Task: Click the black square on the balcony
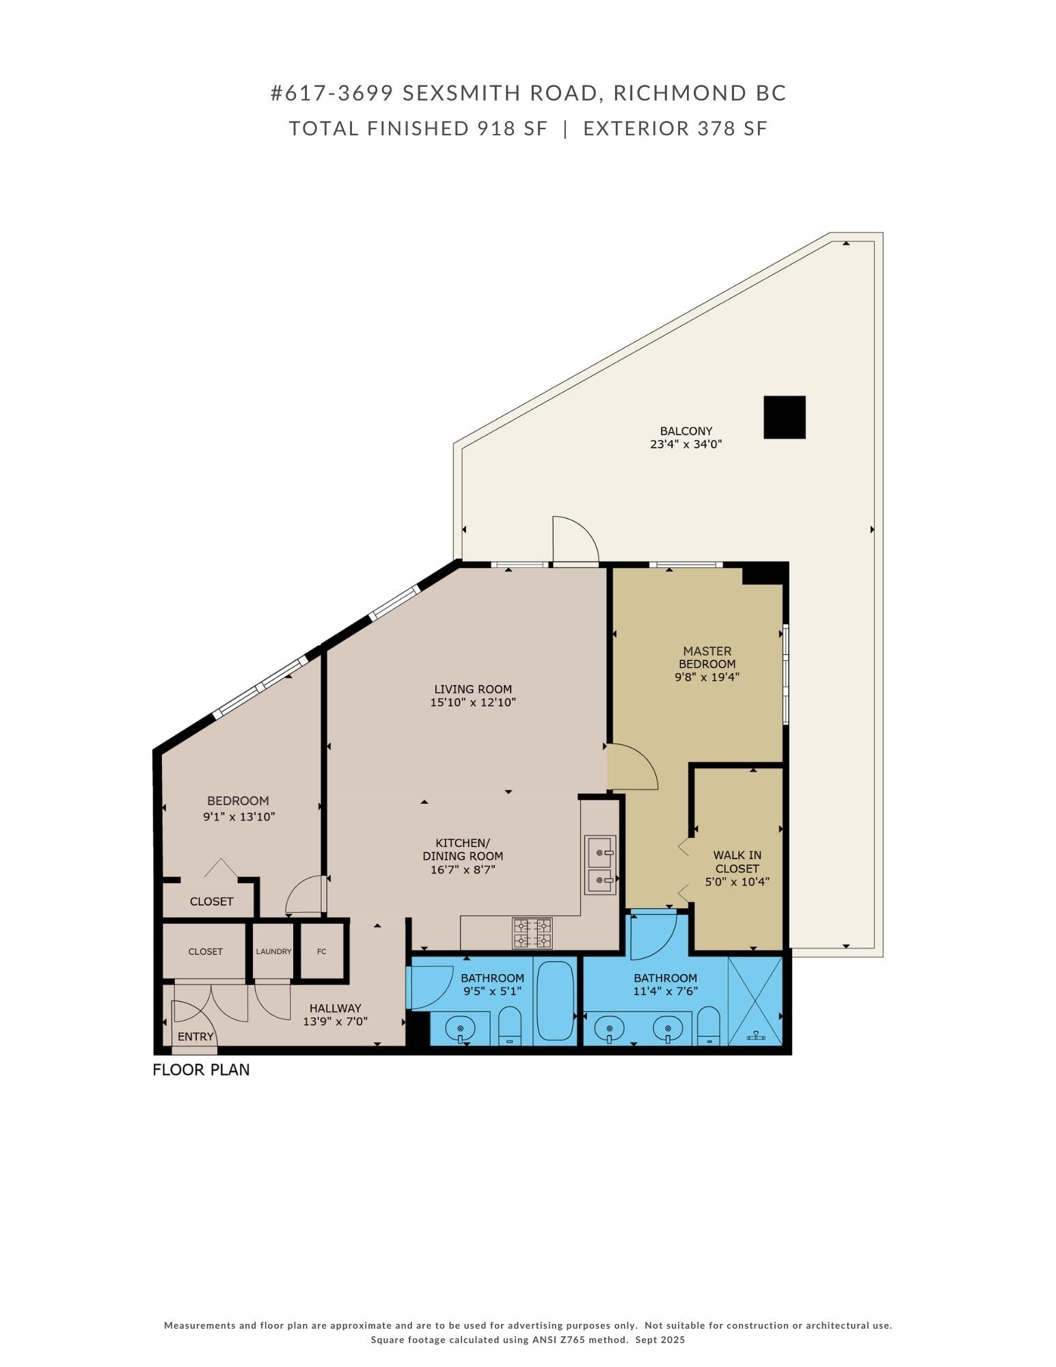click(x=784, y=417)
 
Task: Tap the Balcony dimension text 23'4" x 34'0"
click(x=686, y=444)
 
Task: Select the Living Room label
click(x=472, y=689)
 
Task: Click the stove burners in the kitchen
click(x=532, y=934)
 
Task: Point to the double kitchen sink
click(x=600, y=865)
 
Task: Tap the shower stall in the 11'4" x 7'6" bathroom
click(x=755, y=1001)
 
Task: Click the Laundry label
click(x=273, y=951)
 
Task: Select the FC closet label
click(x=322, y=951)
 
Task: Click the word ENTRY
click(x=195, y=1037)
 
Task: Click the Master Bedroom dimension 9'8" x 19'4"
click(x=707, y=677)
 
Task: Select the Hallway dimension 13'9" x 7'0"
click(x=335, y=1022)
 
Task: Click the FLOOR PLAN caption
click(x=201, y=1070)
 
